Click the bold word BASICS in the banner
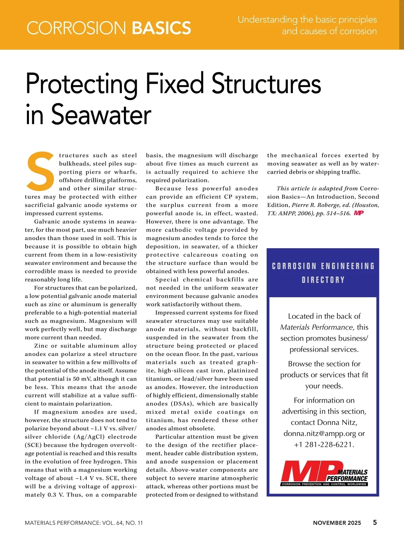pos(161,28)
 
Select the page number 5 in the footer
pos(375,522)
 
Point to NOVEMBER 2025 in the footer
pos(337,523)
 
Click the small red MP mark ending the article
pos(359,213)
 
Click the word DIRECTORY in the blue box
pos(323,280)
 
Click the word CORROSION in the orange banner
pos(76,28)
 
